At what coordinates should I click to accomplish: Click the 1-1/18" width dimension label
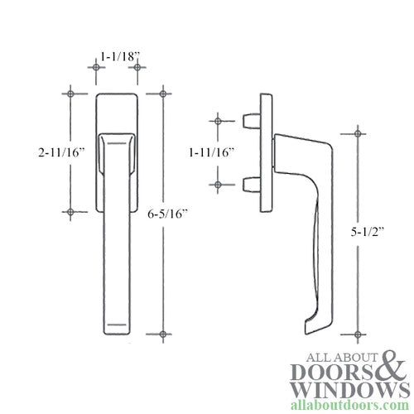coord(119,56)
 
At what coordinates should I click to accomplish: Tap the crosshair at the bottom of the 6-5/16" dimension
coord(164,333)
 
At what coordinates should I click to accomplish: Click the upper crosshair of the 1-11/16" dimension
coord(218,122)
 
